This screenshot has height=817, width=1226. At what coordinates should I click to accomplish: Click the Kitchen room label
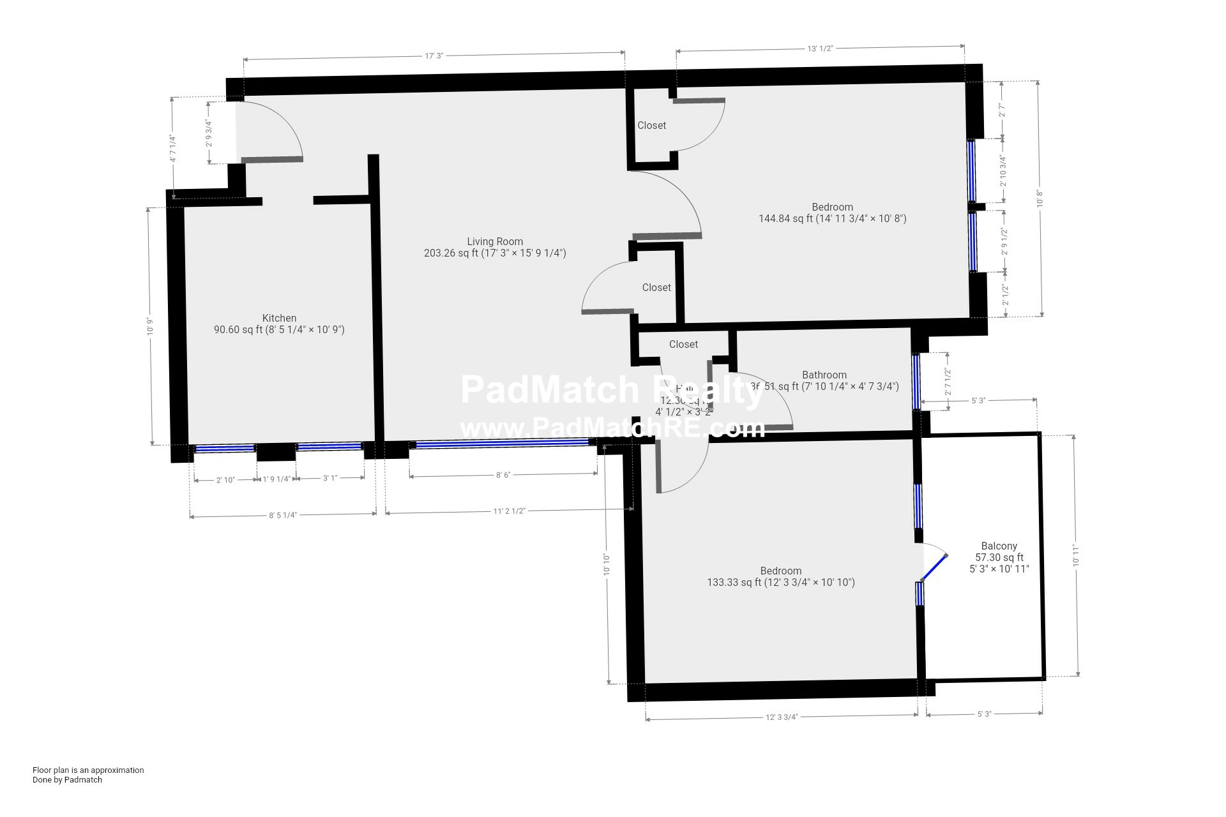(x=279, y=318)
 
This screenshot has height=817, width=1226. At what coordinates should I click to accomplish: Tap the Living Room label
(x=495, y=241)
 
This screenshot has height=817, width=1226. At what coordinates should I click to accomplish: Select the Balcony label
(x=999, y=546)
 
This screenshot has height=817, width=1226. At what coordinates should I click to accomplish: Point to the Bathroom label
(x=824, y=375)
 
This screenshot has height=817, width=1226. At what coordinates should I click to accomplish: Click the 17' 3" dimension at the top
(x=434, y=56)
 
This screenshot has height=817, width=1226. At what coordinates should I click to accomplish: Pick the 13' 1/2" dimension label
(x=821, y=49)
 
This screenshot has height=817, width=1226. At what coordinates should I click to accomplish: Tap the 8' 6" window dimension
(x=503, y=475)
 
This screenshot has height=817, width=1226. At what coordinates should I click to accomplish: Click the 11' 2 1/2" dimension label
(x=509, y=511)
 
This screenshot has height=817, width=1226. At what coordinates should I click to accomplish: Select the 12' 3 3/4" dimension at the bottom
(x=782, y=717)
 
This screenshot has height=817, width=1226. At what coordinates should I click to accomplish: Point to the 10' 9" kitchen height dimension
(x=151, y=327)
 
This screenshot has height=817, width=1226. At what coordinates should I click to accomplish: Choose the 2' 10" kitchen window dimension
(x=225, y=480)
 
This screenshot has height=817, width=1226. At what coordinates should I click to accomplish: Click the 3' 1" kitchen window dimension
(x=329, y=478)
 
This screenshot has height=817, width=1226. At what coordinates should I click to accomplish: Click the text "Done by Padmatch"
(x=67, y=779)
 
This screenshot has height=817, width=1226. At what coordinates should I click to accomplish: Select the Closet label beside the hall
(x=683, y=344)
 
